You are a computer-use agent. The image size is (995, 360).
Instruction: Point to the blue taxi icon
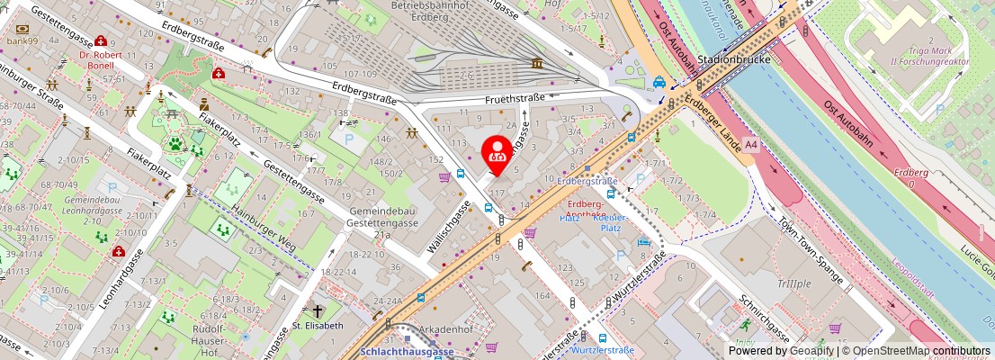659,82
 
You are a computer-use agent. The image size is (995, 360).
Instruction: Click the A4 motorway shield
751,143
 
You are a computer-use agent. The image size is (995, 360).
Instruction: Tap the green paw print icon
174,143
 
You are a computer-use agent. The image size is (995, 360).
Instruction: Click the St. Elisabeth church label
318,326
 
